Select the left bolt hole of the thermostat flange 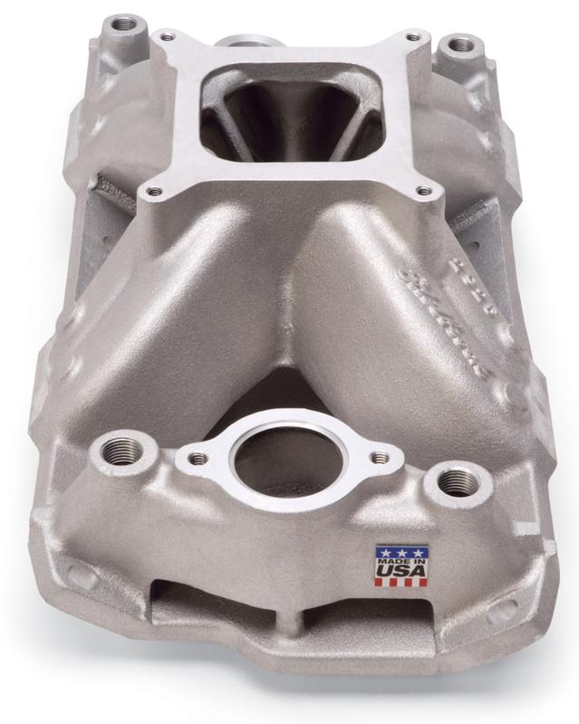[x=193, y=459]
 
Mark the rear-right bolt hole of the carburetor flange [x=413, y=38]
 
